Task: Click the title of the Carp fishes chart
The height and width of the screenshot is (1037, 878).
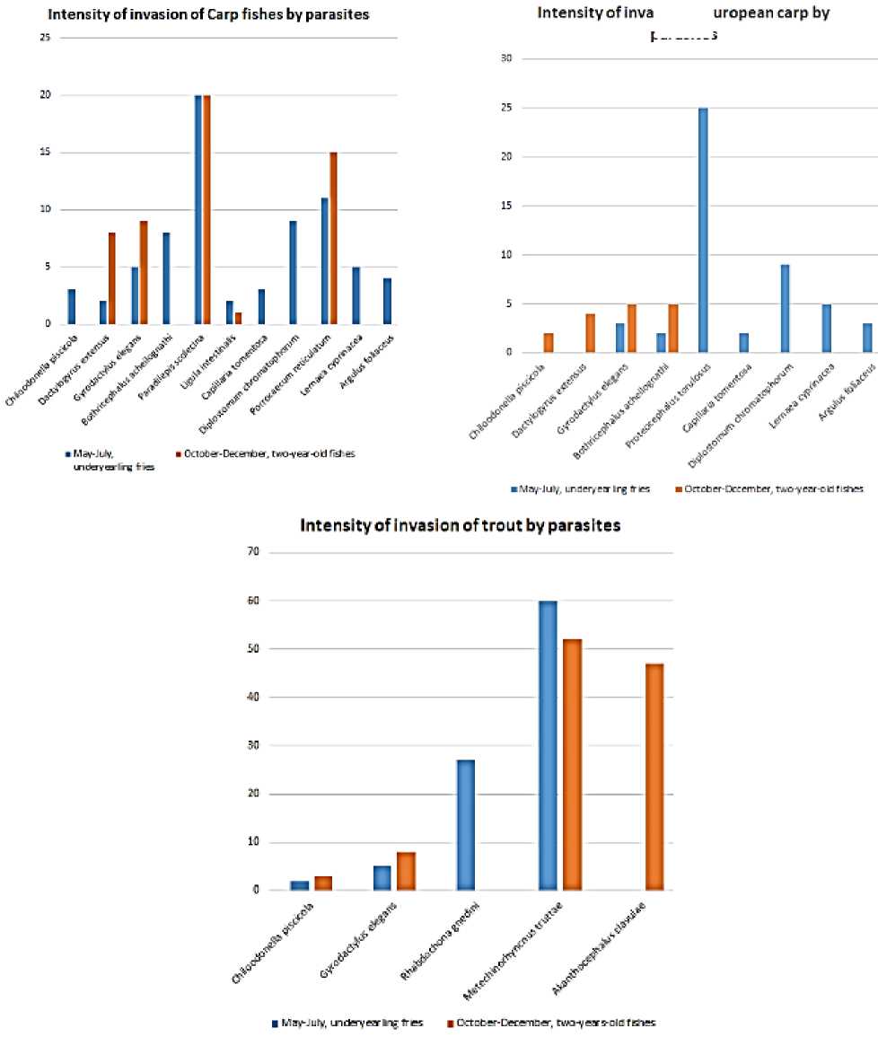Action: point(208,15)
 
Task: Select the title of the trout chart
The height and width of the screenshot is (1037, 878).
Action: point(460,526)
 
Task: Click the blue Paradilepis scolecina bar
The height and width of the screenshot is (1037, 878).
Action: point(198,209)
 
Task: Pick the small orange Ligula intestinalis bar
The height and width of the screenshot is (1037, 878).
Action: point(238,318)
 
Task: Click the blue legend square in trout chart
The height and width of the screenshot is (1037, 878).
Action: point(276,1023)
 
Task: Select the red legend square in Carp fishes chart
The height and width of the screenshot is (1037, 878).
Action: point(204,454)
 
